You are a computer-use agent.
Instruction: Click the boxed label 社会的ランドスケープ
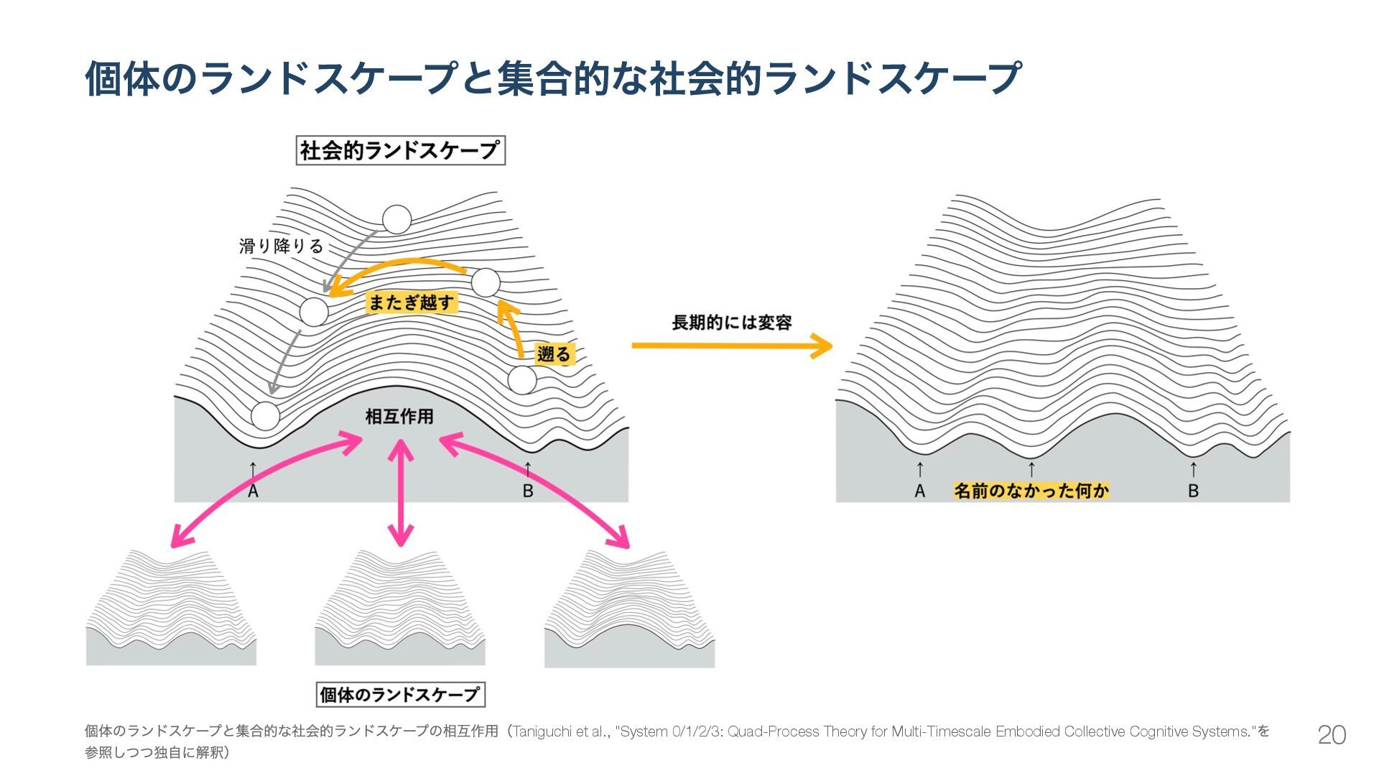pyautogui.click(x=400, y=151)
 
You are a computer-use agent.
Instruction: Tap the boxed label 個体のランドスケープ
pyautogui.click(x=400, y=695)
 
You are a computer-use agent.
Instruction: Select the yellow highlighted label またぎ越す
pyautogui.click(x=412, y=302)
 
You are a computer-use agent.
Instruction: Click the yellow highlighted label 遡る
pyautogui.click(x=554, y=354)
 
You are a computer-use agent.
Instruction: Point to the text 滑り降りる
pyautogui.click(x=282, y=246)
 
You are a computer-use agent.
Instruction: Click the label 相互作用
pyautogui.click(x=399, y=417)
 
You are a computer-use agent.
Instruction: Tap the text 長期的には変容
pyautogui.click(x=731, y=323)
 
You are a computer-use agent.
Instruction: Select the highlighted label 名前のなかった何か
pyautogui.click(x=1031, y=491)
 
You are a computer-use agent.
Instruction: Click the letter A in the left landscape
pyautogui.click(x=253, y=491)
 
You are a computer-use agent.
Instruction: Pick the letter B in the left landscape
pyautogui.click(x=528, y=491)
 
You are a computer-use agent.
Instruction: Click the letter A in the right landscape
pyautogui.click(x=920, y=491)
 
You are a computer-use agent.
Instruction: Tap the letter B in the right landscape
pyautogui.click(x=1193, y=491)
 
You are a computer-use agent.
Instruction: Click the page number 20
pyautogui.click(x=1331, y=735)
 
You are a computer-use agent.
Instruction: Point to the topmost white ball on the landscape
pyautogui.click(x=396, y=220)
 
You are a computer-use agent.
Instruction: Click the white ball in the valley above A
pyautogui.click(x=265, y=416)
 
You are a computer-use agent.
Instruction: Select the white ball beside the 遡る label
pyautogui.click(x=522, y=380)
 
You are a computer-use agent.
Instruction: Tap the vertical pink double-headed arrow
pyautogui.click(x=400, y=492)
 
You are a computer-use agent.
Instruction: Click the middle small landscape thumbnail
pyautogui.click(x=399, y=608)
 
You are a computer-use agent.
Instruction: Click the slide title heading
pyautogui.click(x=552, y=78)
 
